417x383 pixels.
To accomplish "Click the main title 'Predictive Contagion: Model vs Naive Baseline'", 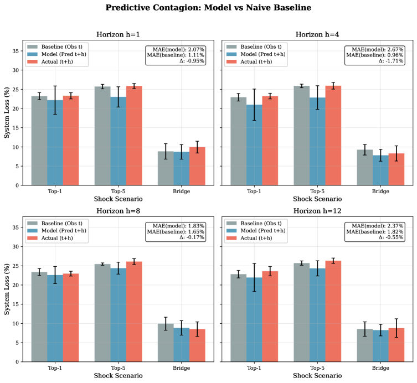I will (208, 8).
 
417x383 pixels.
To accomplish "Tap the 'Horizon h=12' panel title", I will (317, 210).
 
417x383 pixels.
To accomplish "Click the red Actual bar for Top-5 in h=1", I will (134, 136).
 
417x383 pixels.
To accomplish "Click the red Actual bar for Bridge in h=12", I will (397, 345).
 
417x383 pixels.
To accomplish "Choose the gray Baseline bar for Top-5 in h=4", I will (302, 136).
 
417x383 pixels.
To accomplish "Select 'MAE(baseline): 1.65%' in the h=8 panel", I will (176, 231).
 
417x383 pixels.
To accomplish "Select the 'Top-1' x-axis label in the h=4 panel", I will (254, 191).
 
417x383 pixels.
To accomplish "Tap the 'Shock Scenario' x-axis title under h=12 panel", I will (317, 376).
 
